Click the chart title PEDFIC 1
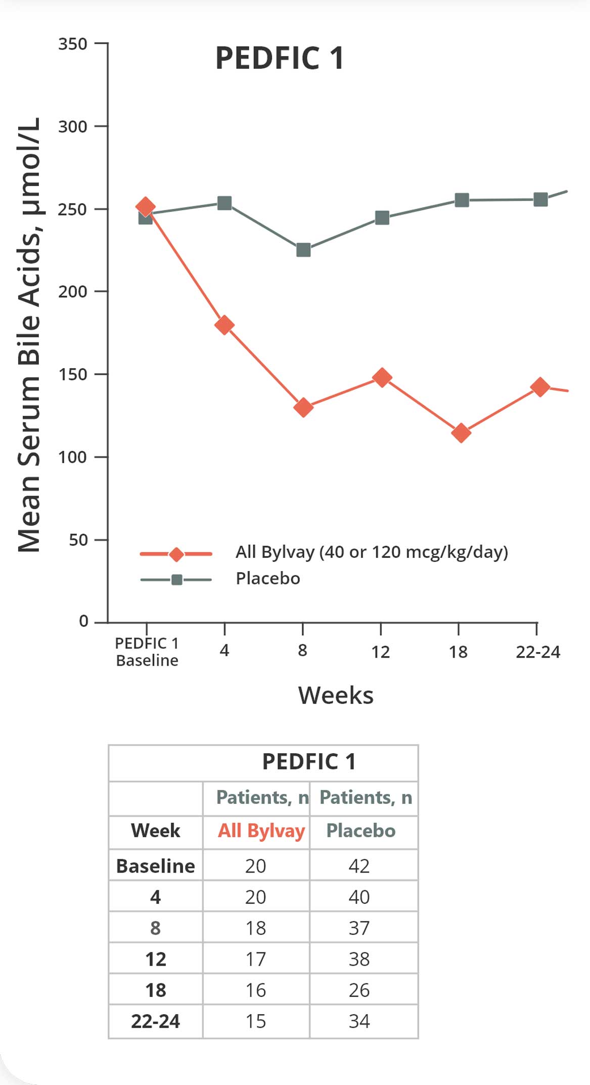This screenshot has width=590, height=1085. click(280, 58)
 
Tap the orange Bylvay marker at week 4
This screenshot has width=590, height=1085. click(224, 325)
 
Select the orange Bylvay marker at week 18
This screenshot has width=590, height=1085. click(461, 433)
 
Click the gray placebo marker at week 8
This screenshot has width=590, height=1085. click(303, 250)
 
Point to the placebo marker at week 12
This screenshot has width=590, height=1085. click(382, 218)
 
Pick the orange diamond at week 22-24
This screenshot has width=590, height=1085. click(540, 387)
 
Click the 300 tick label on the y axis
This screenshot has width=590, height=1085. click(73, 126)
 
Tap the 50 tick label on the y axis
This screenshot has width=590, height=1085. click(78, 540)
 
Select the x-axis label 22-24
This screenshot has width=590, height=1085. click(538, 652)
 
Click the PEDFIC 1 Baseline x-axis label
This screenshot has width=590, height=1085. click(147, 652)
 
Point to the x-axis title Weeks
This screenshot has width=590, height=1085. click(336, 696)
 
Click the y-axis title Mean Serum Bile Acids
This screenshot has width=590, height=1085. click(29, 334)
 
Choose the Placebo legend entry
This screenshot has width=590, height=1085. click(268, 578)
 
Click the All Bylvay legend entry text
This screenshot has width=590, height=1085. click(372, 551)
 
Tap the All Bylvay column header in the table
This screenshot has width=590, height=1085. click(261, 831)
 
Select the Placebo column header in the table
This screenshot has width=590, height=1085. click(360, 831)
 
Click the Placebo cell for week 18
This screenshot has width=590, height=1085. click(359, 990)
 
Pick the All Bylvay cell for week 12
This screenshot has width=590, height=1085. click(256, 959)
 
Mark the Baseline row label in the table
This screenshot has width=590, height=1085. click(155, 866)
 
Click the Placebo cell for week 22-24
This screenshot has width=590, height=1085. click(359, 1021)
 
